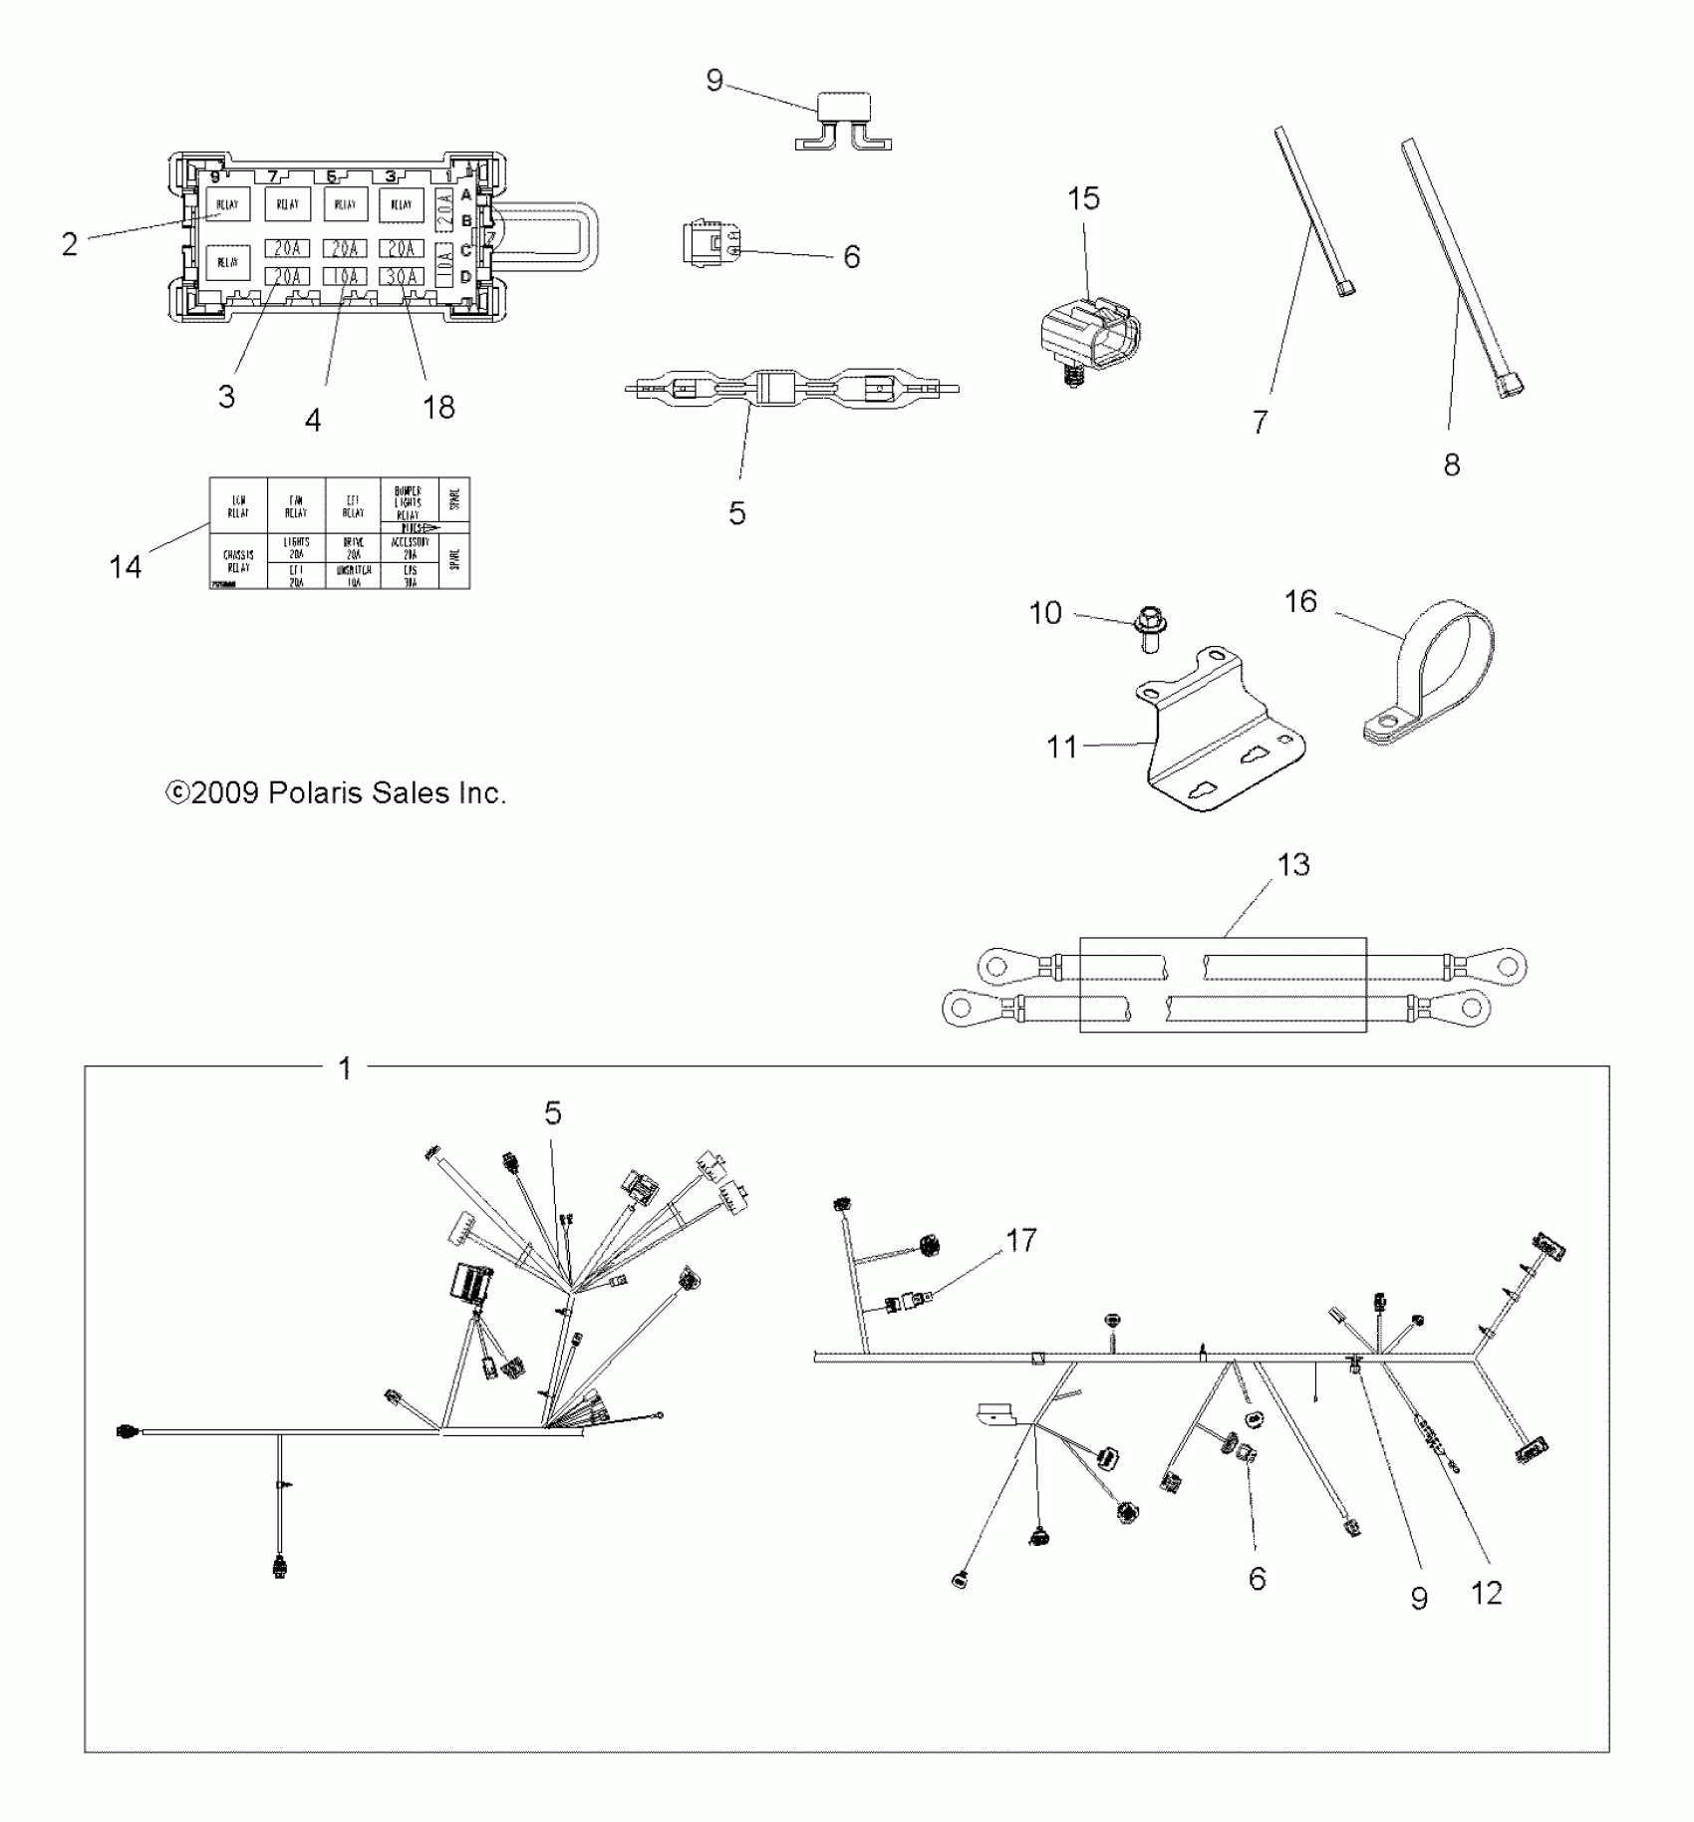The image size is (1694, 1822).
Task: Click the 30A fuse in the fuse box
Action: click(x=402, y=276)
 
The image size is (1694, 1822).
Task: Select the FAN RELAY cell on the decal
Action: click(x=296, y=506)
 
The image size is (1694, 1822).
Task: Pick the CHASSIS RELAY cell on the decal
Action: click(x=238, y=561)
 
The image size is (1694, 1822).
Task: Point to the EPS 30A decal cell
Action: click(x=410, y=576)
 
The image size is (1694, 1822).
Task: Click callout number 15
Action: click(x=1083, y=198)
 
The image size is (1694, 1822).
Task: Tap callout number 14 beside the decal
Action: click(x=126, y=567)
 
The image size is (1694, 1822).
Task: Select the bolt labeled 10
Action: click(x=1150, y=632)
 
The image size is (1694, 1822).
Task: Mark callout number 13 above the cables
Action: click(x=1293, y=864)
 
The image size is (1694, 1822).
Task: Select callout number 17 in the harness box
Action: click(x=1021, y=1240)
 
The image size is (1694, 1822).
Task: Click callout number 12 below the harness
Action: click(x=1486, y=1593)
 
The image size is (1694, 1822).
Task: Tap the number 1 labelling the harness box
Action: click(x=345, y=1069)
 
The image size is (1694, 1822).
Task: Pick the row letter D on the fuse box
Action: click(x=465, y=276)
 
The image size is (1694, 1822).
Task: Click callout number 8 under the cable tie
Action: click(x=1452, y=464)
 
